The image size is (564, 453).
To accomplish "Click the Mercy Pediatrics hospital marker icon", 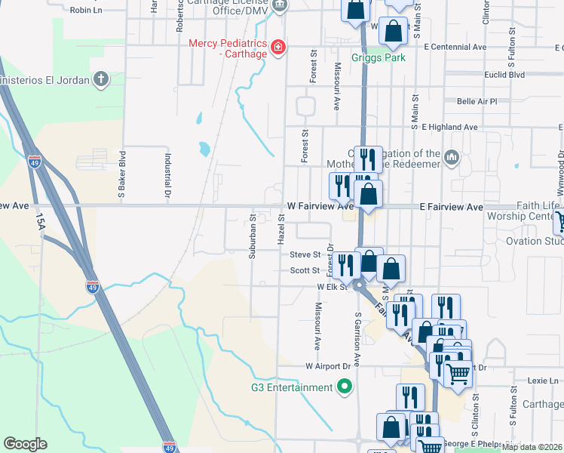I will click(x=278, y=48).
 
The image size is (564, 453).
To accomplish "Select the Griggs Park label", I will click(x=379, y=58).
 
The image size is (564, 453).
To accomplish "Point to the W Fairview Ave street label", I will click(x=320, y=206).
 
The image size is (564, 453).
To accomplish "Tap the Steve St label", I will click(x=305, y=254).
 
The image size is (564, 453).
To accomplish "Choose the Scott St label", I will click(x=305, y=270).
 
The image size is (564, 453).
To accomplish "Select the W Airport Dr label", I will click(x=329, y=366).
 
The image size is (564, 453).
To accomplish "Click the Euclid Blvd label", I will click(x=504, y=75).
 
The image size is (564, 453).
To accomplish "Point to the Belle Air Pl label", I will click(x=477, y=101).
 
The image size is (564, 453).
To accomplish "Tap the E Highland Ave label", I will click(x=449, y=127).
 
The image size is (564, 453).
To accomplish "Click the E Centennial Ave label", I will click(x=455, y=47).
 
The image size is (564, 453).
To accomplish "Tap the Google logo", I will click(x=26, y=444).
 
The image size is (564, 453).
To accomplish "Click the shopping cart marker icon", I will click(x=458, y=373).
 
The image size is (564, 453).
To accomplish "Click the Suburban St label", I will click(x=253, y=236).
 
